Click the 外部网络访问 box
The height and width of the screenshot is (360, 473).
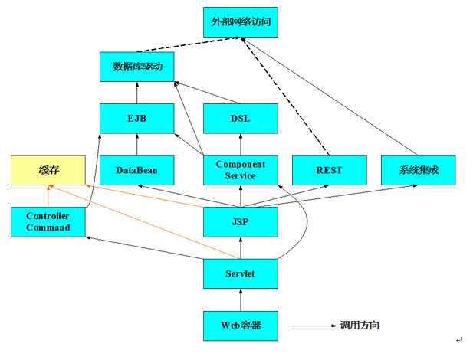tap(241, 22)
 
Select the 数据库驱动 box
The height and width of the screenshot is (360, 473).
tap(137, 67)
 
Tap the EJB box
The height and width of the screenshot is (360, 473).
tap(137, 118)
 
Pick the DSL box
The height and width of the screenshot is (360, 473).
tap(241, 118)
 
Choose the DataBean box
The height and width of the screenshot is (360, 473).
tap(137, 169)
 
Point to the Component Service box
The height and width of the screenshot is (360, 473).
tap(241, 169)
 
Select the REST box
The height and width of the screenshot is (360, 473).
tap(328, 169)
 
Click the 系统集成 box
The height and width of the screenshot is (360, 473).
tap(418, 169)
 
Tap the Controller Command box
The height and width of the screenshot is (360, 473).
tap(48, 221)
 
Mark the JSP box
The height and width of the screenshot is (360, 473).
tap(241, 221)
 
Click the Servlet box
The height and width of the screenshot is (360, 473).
tap(241, 273)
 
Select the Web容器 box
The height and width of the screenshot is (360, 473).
tap(241, 325)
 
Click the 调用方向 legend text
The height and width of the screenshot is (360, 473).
tap(360, 326)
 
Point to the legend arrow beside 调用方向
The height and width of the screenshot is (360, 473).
tap(310, 326)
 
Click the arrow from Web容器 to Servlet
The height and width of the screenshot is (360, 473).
tap(241, 299)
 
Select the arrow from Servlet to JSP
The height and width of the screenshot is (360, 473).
tap(241, 247)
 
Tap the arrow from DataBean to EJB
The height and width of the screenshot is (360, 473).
tap(137, 144)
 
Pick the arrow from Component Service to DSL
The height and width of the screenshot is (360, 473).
tap(241, 144)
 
